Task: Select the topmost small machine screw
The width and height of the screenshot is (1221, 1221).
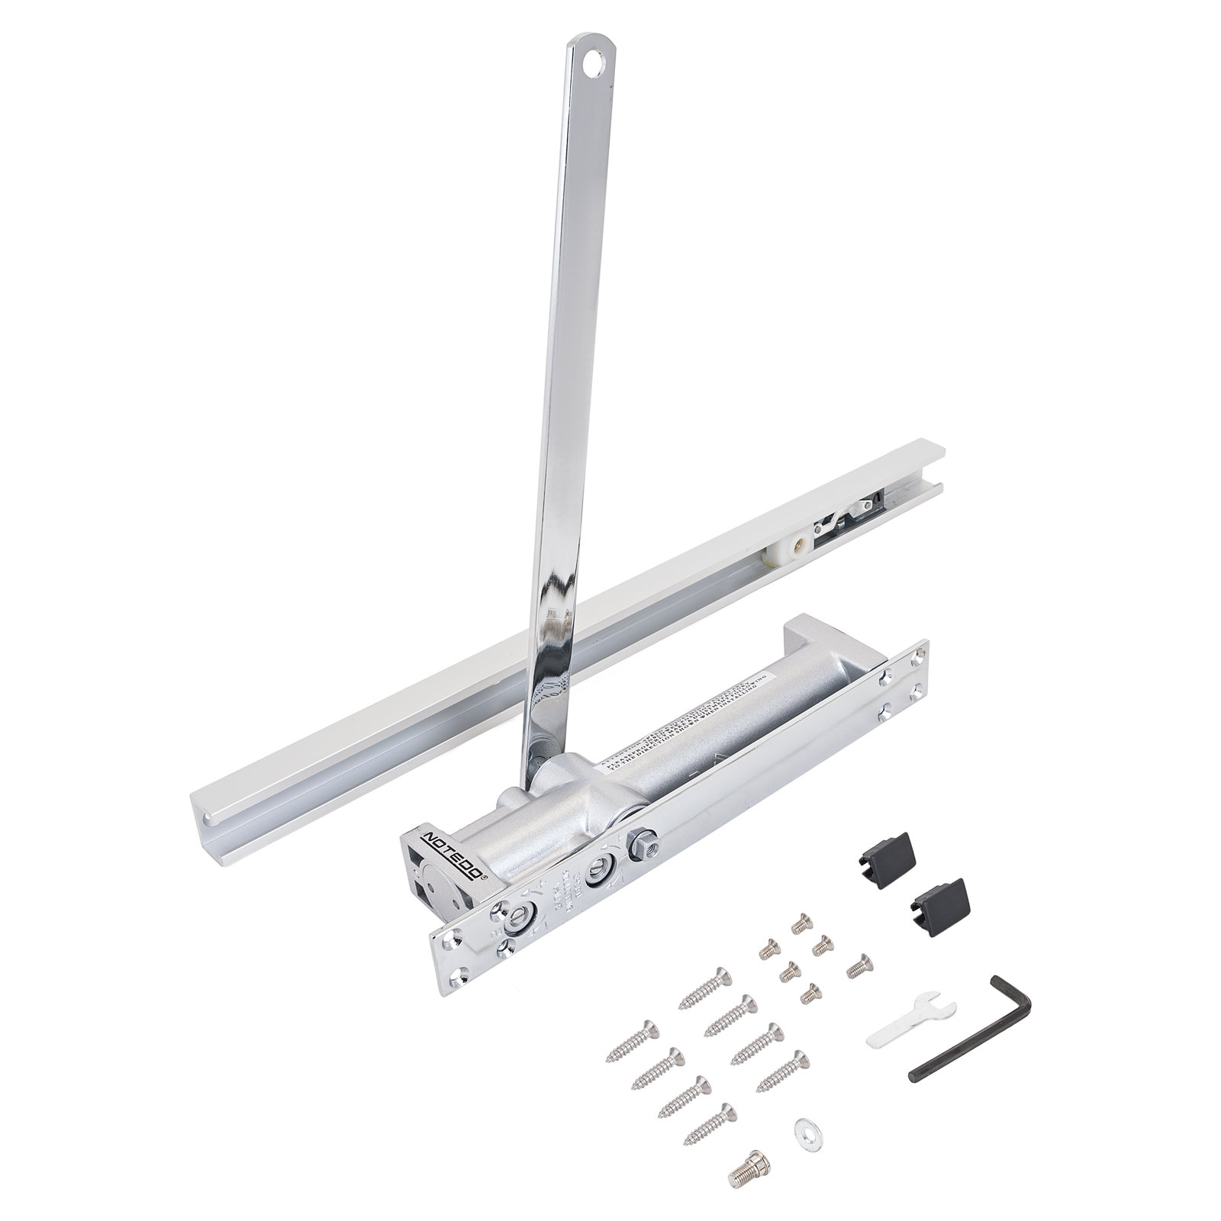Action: (800, 923)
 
